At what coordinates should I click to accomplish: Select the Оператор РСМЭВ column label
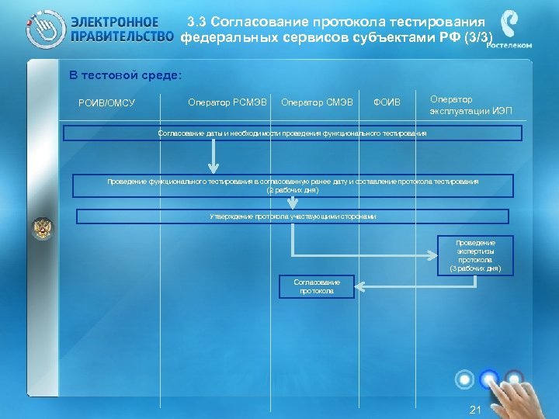227,102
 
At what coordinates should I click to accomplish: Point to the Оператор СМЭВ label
317,102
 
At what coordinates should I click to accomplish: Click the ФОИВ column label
387,102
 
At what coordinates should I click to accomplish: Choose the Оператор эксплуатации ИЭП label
470,105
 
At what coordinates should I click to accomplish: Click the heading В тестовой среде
125,75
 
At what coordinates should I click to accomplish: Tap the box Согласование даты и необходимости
292,133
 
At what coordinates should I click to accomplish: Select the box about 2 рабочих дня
292,185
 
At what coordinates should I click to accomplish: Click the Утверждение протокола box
293,216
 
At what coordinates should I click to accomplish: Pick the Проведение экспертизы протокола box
475,255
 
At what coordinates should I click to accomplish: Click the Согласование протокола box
317,286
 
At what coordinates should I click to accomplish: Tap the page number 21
476,410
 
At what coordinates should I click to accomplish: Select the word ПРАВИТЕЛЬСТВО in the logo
121,36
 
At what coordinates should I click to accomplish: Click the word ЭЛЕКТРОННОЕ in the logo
114,23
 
